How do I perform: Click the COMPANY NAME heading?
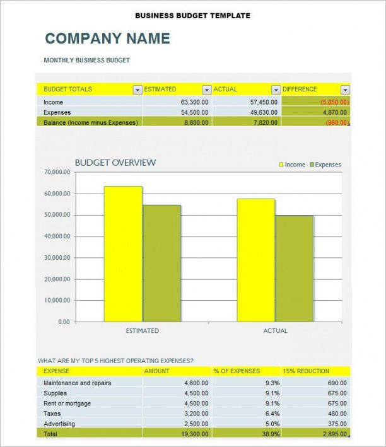[x=107, y=38]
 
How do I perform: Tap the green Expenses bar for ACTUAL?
[x=295, y=268]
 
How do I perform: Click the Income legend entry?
[x=292, y=165]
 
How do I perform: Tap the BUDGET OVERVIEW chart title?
[x=115, y=163]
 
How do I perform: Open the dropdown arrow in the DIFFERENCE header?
[x=345, y=90]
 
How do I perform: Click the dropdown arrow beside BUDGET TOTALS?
[x=137, y=90]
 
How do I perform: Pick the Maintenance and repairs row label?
[x=77, y=383]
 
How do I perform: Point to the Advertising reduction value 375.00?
[x=337, y=424]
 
